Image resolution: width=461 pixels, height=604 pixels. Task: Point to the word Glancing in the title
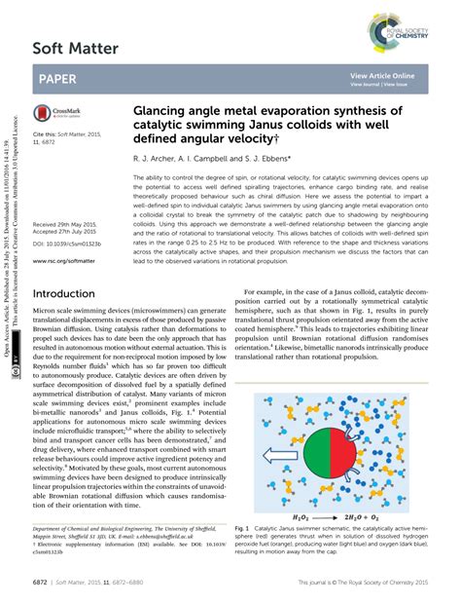click(x=161, y=112)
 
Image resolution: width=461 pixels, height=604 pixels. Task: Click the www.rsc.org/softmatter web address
click(x=71, y=235)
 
